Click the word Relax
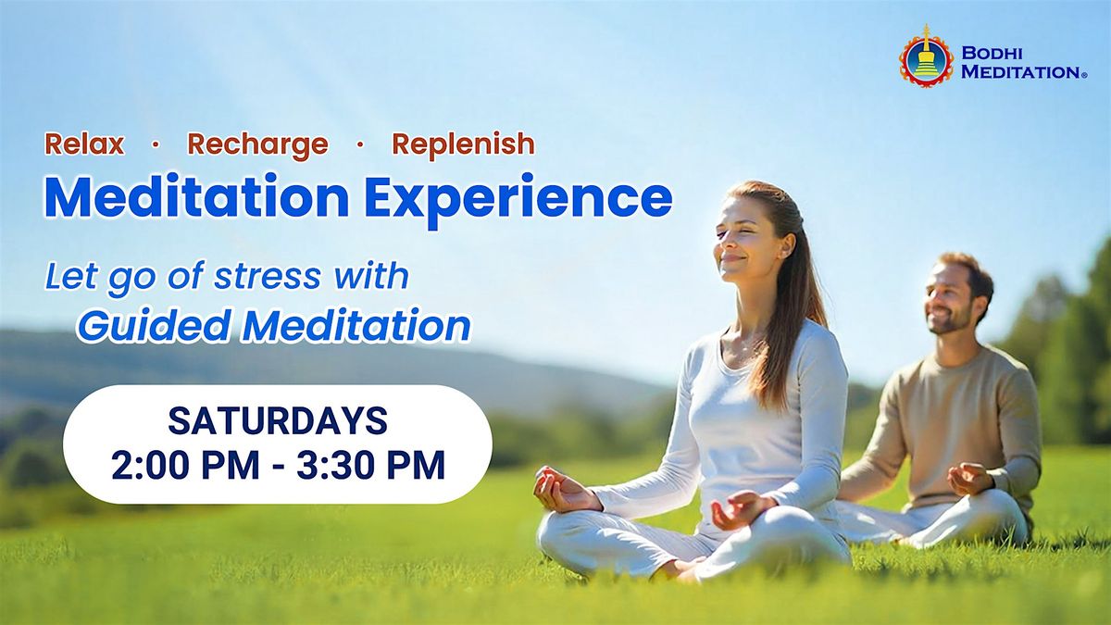[x=84, y=144]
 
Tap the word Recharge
[x=258, y=145]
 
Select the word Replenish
[x=464, y=144]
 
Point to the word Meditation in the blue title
[x=197, y=196]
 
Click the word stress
[x=268, y=277]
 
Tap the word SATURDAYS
[x=278, y=421]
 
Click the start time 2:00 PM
[x=185, y=465]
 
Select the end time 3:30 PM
[x=371, y=465]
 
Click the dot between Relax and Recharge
[x=156, y=144]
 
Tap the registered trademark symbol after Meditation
[x=1084, y=75]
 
